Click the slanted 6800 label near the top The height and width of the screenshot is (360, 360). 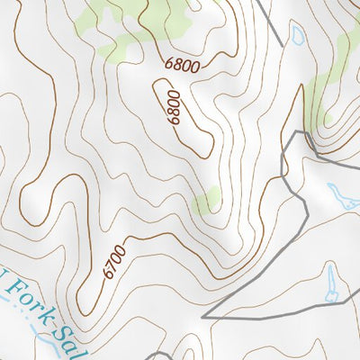(184, 64)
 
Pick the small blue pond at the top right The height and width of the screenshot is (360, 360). (296, 36)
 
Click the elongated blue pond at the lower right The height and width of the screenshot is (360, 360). (332, 283)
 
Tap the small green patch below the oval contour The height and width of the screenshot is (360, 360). (209, 199)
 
